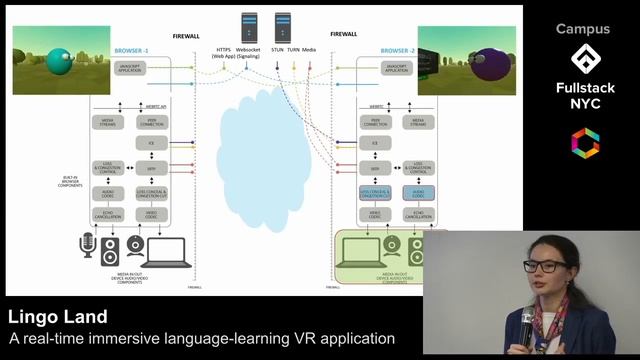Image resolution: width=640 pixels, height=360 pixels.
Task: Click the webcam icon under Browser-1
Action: coord(135,247)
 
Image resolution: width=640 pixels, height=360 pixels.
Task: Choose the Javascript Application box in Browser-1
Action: coord(133,68)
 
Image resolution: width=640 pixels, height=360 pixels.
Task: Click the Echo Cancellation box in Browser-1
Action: coord(108,214)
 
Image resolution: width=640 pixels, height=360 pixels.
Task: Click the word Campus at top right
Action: coord(582,29)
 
